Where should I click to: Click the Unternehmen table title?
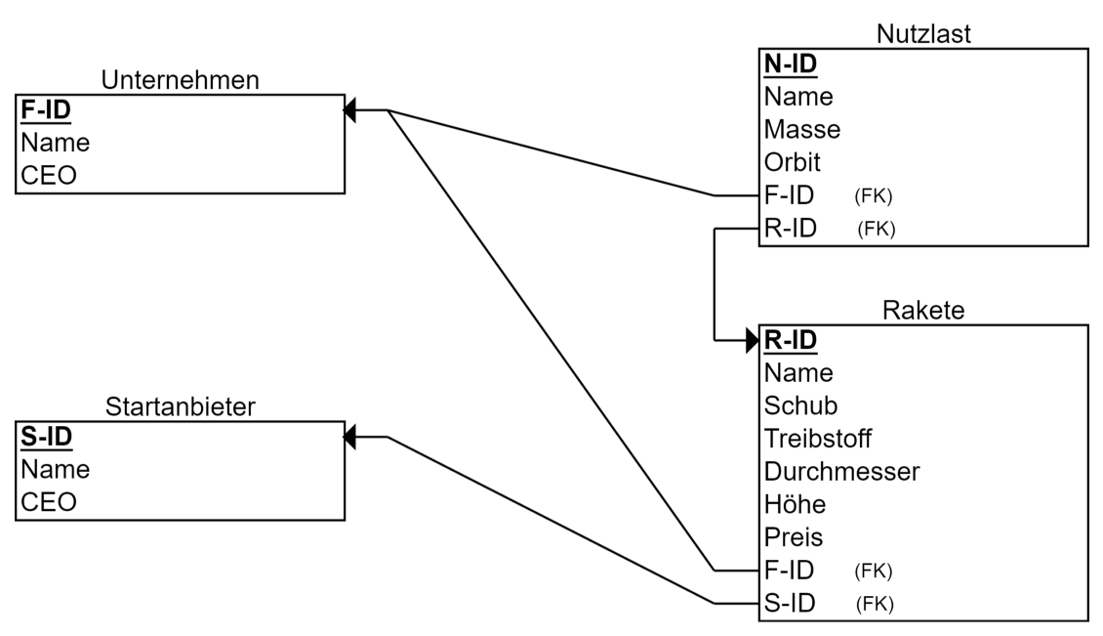click(x=180, y=79)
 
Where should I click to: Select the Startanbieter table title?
click(x=180, y=406)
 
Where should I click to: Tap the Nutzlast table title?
click(x=923, y=34)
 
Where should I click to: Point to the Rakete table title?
click(x=923, y=310)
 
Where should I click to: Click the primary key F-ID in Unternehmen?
click(x=46, y=109)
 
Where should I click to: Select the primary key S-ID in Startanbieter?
click(x=47, y=437)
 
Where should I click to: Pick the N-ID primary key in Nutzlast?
click(x=791, y=64)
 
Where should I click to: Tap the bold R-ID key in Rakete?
click(x=791, y=340)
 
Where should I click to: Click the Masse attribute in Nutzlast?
click(x=802, y=130)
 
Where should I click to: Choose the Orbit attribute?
click(x=792, y=163)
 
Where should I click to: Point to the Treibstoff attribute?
click(x=817, y=439)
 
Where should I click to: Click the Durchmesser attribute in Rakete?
click(x=842, y=472)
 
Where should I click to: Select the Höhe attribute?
click(x=795, y=504)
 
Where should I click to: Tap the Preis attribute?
click(x=794, y=537)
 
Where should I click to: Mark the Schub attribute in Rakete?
click(x=801, y=405)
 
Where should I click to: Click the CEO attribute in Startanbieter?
click(x=49, y=502)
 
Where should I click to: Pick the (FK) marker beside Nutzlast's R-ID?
click(x=877, y=229)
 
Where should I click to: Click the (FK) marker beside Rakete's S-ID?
click(x=876, y=604)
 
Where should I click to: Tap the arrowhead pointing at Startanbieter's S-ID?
click(x=349, y=437)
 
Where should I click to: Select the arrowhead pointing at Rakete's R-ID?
click(x=753, y=340)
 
